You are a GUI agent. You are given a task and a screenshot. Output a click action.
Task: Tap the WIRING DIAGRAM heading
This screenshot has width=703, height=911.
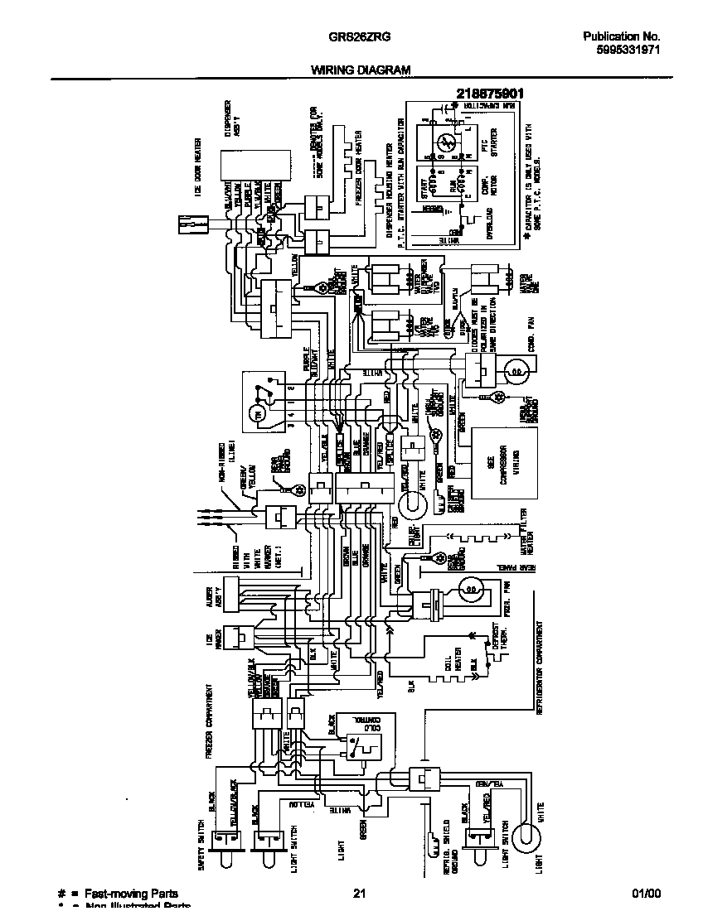tap(361, 71)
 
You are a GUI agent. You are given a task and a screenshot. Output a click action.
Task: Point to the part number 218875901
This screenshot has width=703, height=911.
tap(489, 94)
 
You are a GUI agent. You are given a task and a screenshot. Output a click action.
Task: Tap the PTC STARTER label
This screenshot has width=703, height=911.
tap(490, 142)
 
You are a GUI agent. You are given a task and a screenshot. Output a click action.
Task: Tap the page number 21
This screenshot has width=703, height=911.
tap(359, 894)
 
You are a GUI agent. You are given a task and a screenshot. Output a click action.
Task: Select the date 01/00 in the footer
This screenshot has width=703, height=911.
tap(647, 894)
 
